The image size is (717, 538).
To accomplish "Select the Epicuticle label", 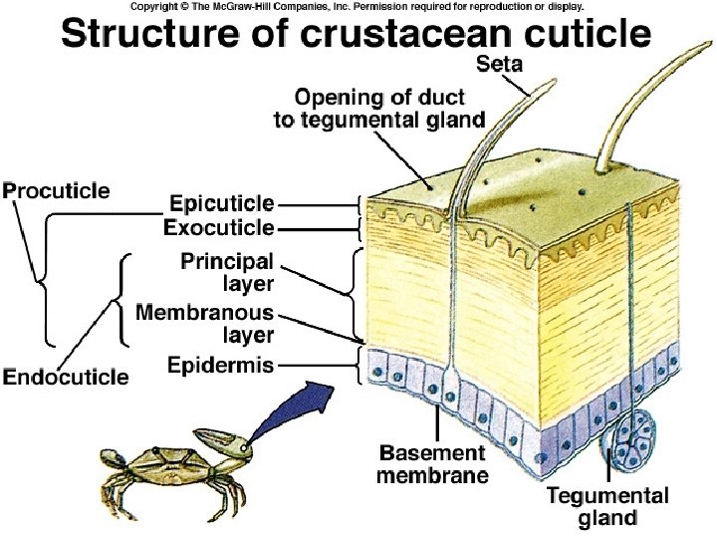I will coord(220,202).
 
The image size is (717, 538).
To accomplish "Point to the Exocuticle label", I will coord(218,228).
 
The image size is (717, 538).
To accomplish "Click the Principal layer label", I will coord(226,272).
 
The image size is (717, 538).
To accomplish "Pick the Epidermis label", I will coord(220,366).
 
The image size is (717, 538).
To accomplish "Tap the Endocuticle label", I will coord(66,377).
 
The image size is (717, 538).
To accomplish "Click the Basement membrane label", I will coord(432,463).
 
